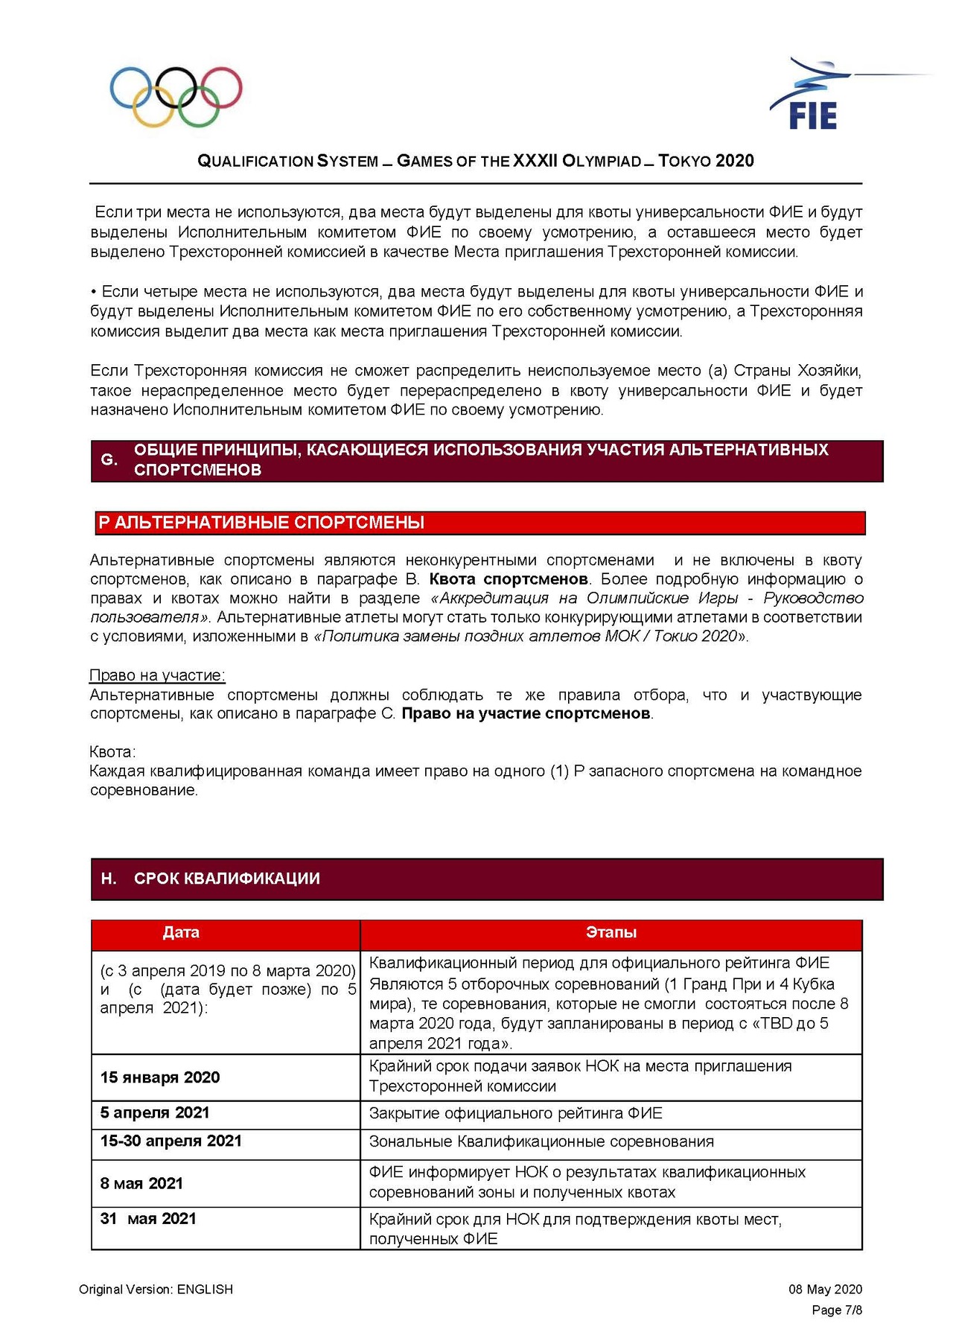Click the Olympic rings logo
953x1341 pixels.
176,97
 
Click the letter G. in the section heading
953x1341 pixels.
109,460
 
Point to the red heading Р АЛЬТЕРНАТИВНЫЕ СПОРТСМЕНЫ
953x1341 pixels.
261,523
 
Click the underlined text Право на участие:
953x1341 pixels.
157,675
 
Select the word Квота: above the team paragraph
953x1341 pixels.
112,751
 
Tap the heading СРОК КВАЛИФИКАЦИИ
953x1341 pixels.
226,879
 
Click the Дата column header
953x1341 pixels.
181,933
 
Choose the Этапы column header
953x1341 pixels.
611,933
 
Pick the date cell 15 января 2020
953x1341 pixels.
160,1077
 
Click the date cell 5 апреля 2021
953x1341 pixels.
155,1112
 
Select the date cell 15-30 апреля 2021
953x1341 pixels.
171,1141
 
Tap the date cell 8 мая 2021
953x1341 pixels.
141,1183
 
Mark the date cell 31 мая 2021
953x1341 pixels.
148,1219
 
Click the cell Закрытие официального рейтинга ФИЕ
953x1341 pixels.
515,1113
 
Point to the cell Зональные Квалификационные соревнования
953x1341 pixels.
541,1141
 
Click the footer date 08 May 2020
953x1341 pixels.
825,1290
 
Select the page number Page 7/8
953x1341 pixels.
836,1310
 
